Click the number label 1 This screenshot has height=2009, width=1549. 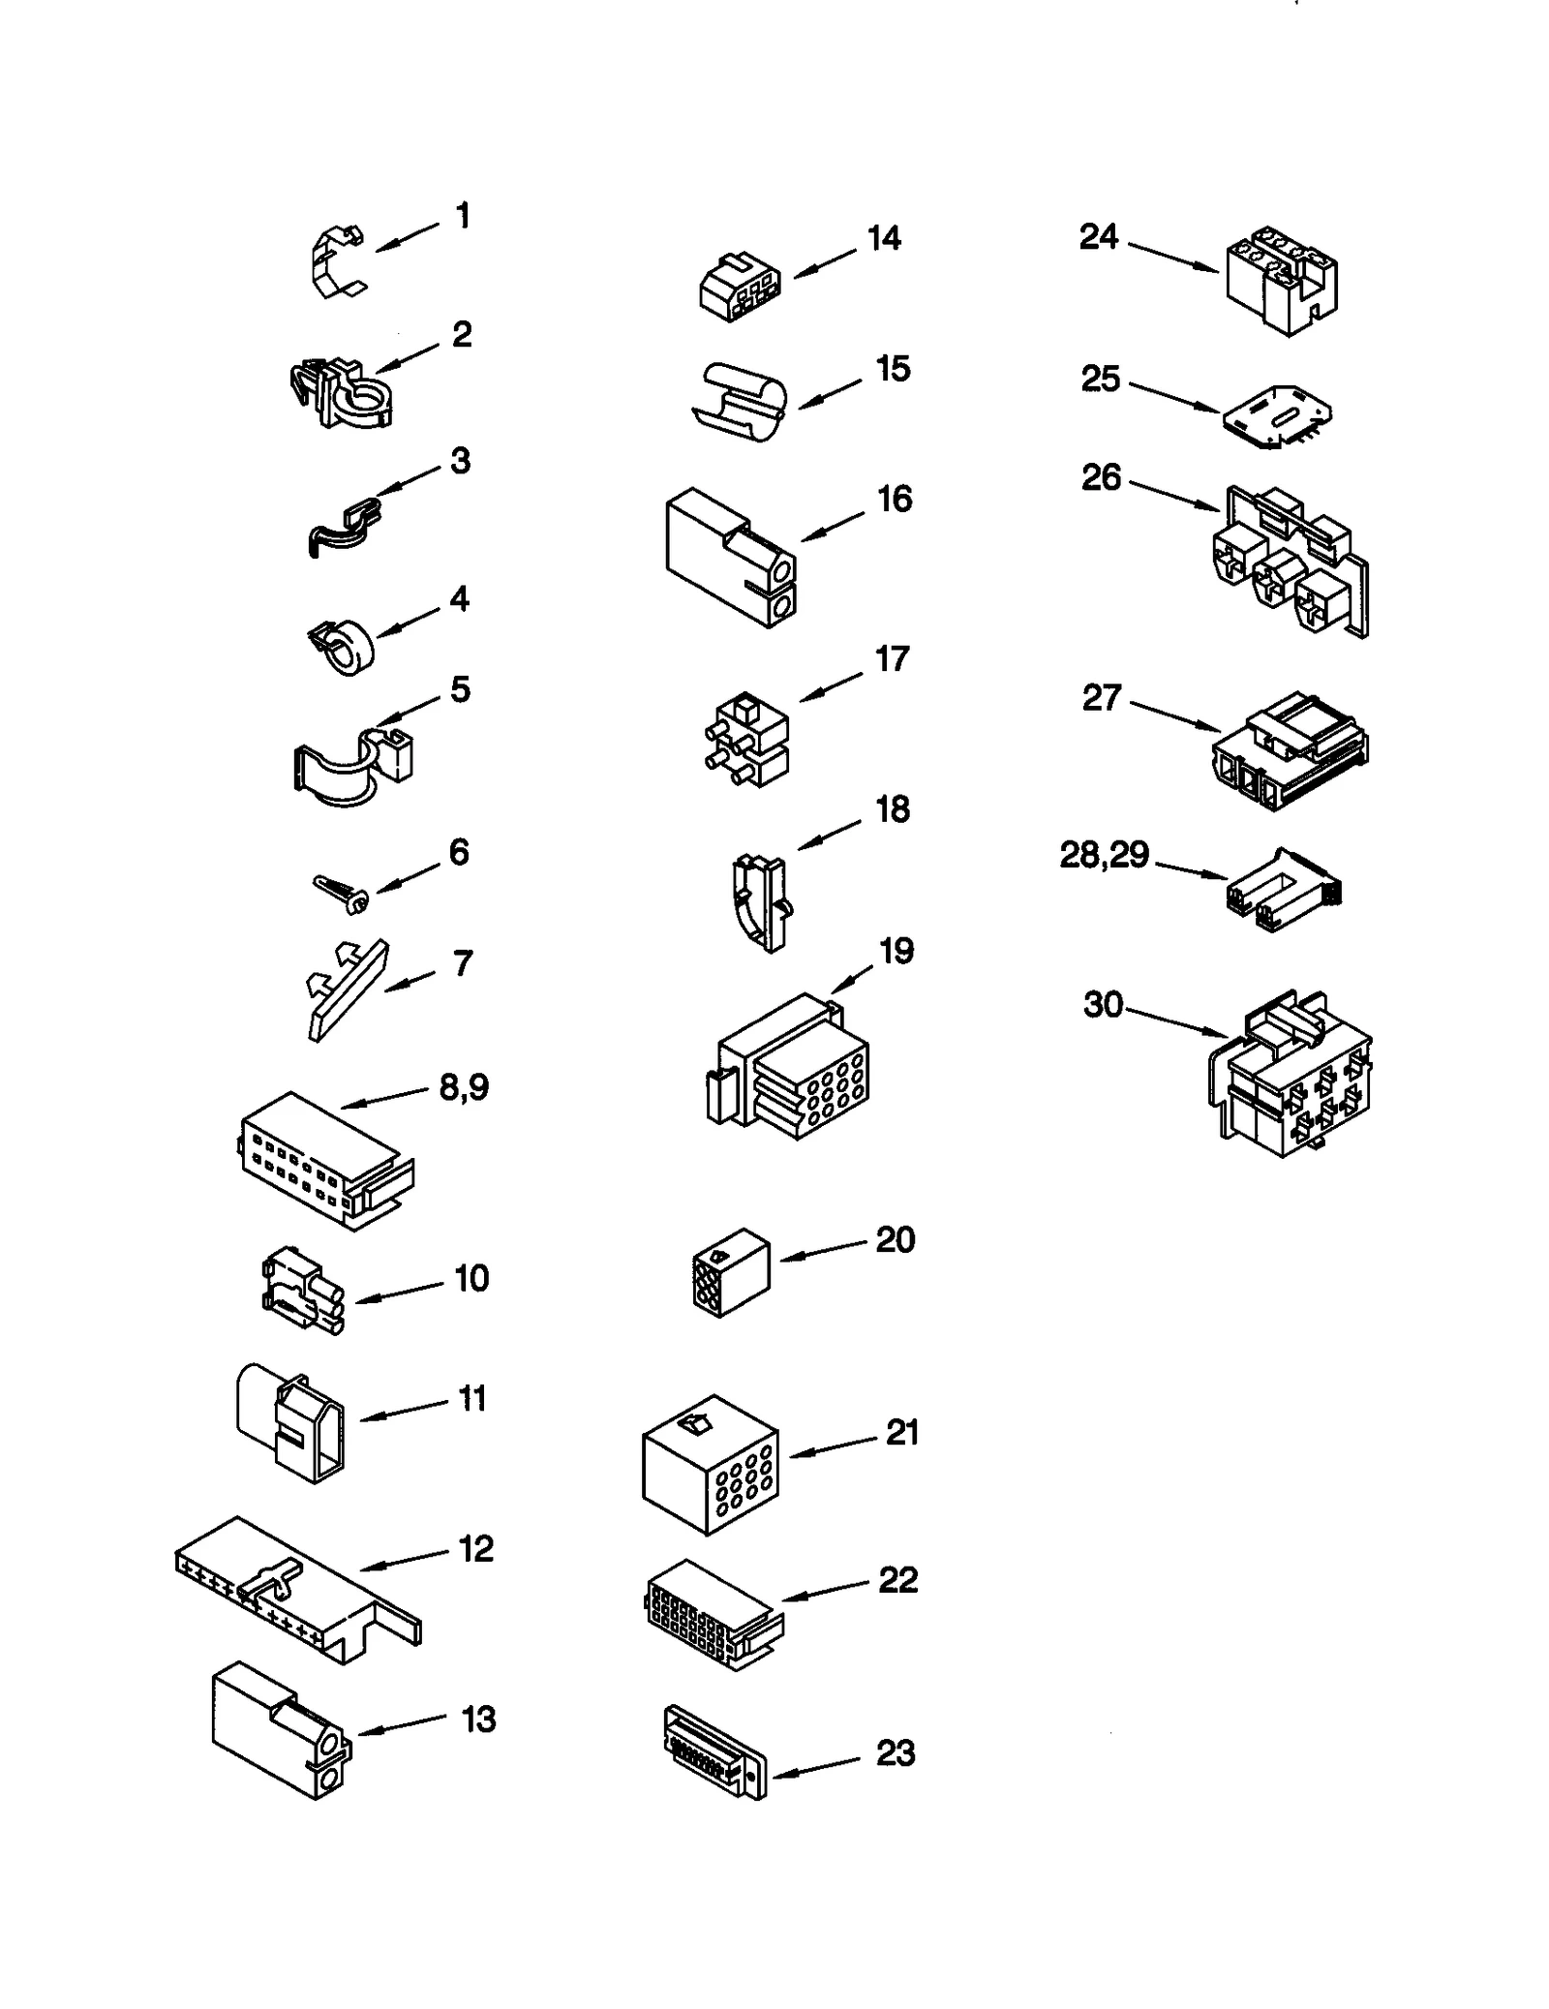(x=463, y=216)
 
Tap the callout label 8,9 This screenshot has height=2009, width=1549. (x=464, y=1087)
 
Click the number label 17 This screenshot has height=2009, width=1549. (x=892, y=659)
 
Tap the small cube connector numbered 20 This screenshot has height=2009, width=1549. (x=731, y=1271)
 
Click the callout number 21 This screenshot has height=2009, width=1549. (x=901, y=1432)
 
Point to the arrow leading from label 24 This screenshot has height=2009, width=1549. (x=1171, y=256)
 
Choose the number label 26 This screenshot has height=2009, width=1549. (x=1101, y=477)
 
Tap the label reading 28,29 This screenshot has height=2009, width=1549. (x=1104, y=855)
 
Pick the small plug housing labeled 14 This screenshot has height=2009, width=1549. (x=739, y=288)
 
